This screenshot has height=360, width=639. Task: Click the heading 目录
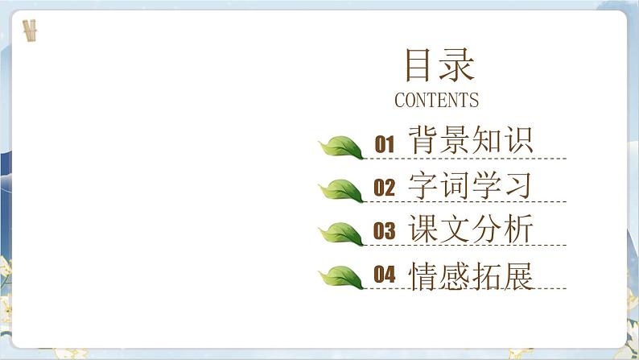439,66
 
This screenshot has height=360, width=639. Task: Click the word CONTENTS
436,101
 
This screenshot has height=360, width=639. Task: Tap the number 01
385,145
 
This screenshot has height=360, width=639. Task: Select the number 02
385,188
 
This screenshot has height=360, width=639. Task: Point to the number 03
385,232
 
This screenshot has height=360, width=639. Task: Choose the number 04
385,275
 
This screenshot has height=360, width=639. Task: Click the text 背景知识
471,141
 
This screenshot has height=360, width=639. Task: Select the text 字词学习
471,185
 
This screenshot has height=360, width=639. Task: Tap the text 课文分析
471,230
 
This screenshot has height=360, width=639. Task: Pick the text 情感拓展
471,275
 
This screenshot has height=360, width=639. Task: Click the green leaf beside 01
341,147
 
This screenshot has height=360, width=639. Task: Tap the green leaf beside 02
341,191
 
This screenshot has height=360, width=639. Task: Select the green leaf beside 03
341,234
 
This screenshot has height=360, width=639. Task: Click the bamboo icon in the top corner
31,31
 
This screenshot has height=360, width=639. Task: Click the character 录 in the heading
457,66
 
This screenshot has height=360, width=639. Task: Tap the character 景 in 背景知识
456,141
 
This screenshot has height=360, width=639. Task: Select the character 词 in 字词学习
456,185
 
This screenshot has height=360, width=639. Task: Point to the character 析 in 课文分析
518,230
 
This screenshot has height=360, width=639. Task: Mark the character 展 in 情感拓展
518,275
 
